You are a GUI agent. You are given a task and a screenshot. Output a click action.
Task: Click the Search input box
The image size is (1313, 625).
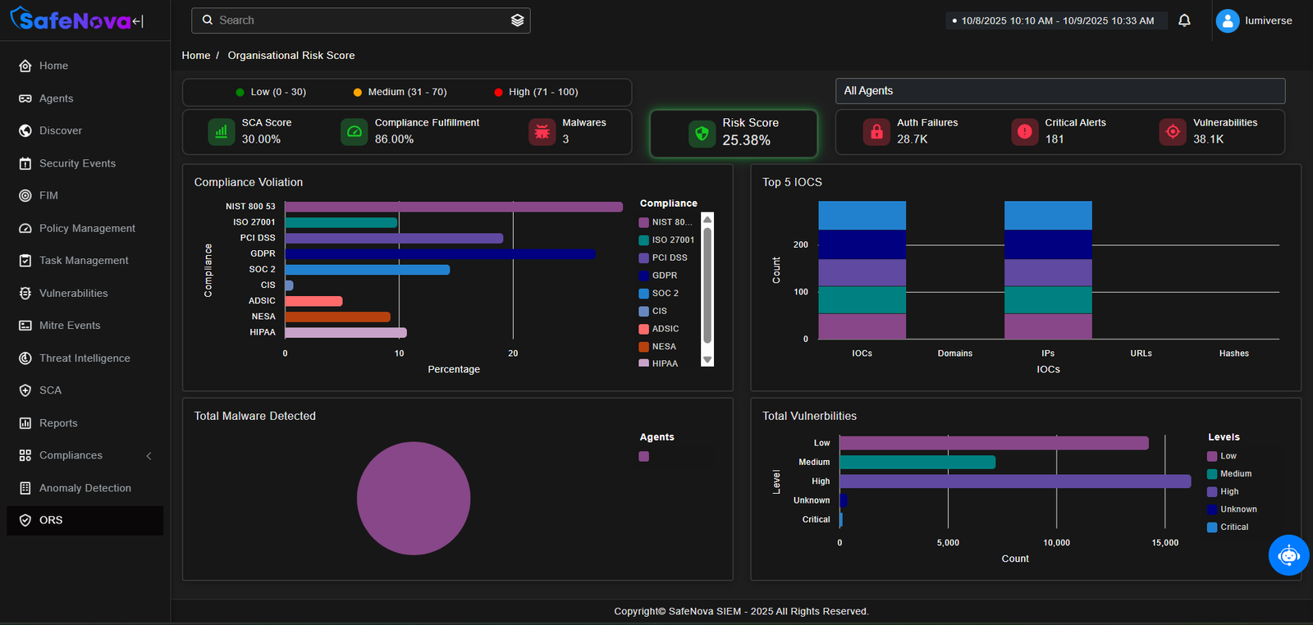pyautogui.click(x=353, y=21)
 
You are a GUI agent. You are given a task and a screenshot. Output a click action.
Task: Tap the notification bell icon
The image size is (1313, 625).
pyautogui.click(x=1184, y=21)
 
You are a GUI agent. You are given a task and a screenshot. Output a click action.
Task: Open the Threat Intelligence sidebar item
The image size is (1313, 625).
pyautogui.click(x=85, y=358)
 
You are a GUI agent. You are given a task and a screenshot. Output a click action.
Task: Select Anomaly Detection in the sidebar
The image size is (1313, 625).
pyautogui.click(x=85, y=488)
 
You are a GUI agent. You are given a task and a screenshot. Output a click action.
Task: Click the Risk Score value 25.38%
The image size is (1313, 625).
pyautogui.click(x=746, y=140)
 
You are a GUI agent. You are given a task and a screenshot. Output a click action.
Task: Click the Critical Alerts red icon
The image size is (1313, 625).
pyautogui.click(x=1025, y=131)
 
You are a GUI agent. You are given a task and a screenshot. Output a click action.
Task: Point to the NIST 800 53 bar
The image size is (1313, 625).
pyautogui.click(x=453, y=207)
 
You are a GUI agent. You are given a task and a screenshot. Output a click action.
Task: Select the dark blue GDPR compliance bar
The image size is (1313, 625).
pyautogui.click(x=440, y=254)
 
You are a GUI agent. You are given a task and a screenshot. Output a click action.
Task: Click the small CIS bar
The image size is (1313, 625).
pyautogui.click(x=289, y=285)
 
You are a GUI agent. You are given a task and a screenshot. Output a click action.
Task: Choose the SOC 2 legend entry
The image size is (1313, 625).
pyautogui.click(x=665, y=294)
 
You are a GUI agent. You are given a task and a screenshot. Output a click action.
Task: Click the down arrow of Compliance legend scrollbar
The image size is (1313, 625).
pyautogui.click(x=707, y=360)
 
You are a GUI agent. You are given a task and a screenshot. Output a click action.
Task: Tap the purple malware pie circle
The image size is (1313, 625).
pyautogui.click(x=414, y=499)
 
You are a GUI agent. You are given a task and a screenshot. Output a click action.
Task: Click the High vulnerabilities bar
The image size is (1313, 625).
pyautogui.click(x=1014, y=481)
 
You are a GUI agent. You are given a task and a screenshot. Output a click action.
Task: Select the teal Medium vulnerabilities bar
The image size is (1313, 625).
pyautogui.click(x=917, y=463)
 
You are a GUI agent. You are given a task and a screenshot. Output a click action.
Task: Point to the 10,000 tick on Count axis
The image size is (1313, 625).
pyautogui.click(x=1056, y=543)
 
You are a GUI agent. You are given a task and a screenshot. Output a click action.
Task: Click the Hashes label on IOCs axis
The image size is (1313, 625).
pyautogui.click(x=1233, y=354)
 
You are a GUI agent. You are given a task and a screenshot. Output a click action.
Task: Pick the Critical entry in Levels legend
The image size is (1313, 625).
pyautogui.click(x=1233, y=527)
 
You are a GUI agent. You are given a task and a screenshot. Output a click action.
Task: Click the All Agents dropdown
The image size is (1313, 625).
pyautogui.click(x=1059, y=91)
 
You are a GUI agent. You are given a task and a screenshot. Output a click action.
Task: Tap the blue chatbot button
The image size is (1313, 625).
pyautogui.click(x=1288, y=555)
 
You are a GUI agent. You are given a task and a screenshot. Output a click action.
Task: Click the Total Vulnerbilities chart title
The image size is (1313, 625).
pyautogui.click(x=809, y=417)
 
